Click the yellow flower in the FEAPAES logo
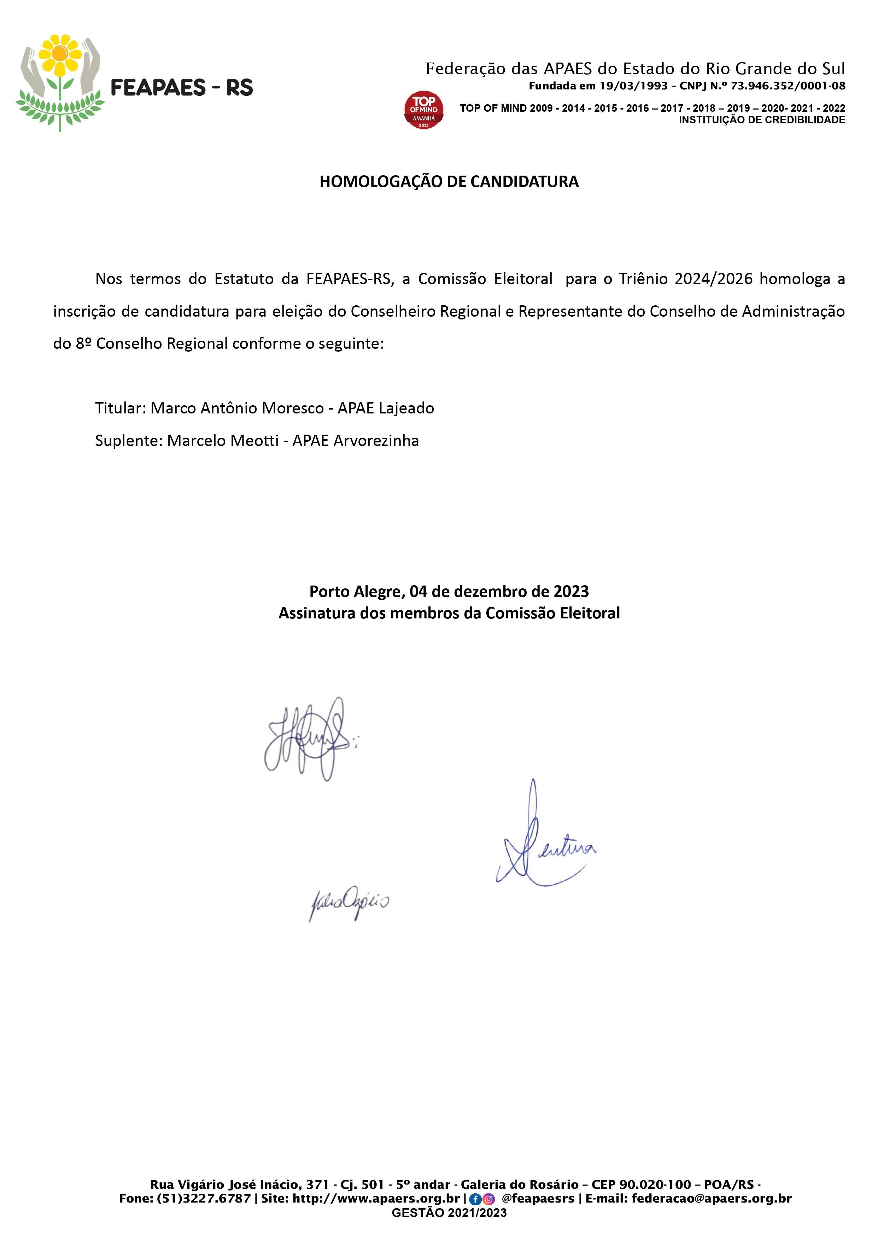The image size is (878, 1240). [60, 54]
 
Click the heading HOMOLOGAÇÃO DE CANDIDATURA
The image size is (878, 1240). [449, 182]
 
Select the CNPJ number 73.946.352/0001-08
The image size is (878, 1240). [788, 86]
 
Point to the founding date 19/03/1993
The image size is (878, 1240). [634, 86]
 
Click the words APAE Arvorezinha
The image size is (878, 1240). [355, 441]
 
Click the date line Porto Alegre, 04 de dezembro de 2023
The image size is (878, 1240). [449, 591]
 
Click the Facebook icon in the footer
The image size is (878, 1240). [475, 1198]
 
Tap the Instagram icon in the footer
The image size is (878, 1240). [489, 1198]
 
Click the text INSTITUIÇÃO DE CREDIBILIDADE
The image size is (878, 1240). [762, 120]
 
